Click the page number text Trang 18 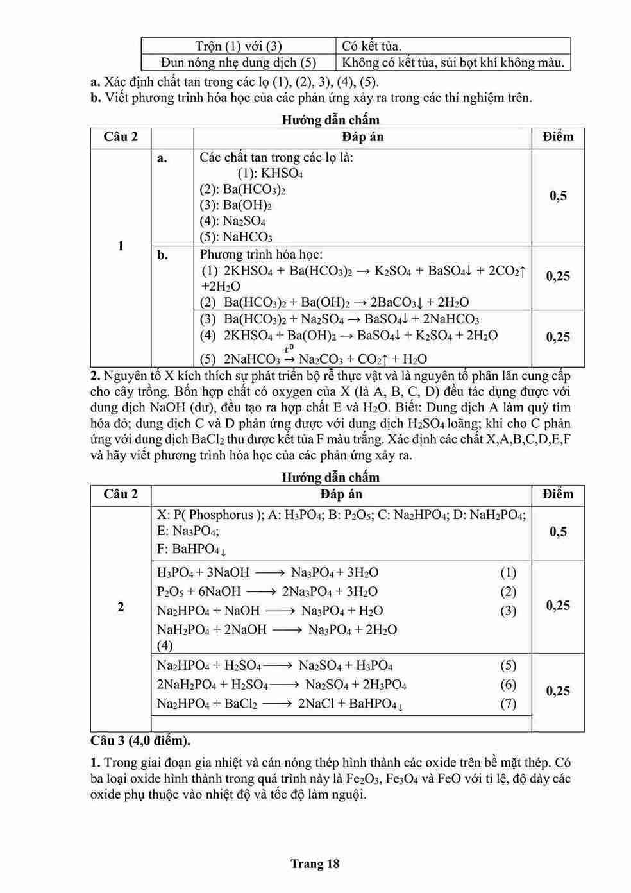(x=314, y=863)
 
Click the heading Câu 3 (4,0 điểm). (x=140, y=740)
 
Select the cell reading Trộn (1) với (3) (x=238, y=46)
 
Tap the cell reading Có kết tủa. (x=371, y=46)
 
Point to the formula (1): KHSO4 (x=270, y=173)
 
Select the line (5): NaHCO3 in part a (x=235, y=237)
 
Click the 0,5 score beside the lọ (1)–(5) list (x=558, y=196)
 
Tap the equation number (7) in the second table (x=508, y=704)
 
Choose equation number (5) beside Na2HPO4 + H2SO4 (x=508, y=666)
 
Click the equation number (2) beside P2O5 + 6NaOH (x=508, y=591)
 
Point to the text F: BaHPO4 (x=190, y=549)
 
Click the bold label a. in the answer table (x=162, y=158)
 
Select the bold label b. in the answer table (x=162, y=255)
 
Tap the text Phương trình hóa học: (x=261, y=255)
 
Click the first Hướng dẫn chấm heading (x=330, y=120)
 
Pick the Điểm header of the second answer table (x=557, y=494)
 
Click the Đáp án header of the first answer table (x=362, y=137)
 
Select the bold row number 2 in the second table (x=121, y=607)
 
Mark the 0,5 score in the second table (x=558, y=532)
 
